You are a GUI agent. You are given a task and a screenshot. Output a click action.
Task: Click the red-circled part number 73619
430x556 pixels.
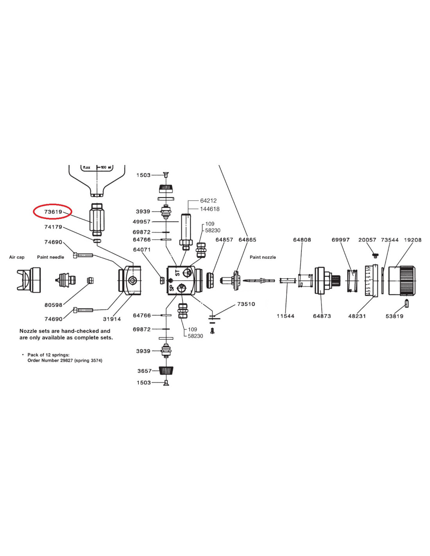coord(53,212)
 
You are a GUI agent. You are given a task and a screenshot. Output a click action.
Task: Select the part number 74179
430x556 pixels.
coord(53,227)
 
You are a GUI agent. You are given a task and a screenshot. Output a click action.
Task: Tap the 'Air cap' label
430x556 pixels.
coord(17,257)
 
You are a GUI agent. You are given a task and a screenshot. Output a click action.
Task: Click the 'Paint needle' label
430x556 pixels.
coord(50,257)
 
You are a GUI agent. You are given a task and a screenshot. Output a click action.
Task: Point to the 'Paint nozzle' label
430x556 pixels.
coord(263,257)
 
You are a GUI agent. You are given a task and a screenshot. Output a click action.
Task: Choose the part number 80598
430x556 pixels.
coord(53,305)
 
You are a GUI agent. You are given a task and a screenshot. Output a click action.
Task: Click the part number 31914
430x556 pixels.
coord(112,319)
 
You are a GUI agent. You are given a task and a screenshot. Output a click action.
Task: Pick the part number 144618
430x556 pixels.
coord(210,209)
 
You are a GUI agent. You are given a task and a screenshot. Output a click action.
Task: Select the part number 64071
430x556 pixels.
coord(142,249)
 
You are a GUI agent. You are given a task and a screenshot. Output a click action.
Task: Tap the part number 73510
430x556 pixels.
coord(246,304)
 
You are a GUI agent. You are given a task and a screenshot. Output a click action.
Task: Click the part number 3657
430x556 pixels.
coord(144,371)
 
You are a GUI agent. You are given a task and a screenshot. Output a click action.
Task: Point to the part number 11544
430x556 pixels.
coord(285,316)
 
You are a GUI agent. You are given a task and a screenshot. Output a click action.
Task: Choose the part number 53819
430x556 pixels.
coord(394,316)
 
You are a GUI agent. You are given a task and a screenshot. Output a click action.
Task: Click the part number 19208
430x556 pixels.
coord(413,240)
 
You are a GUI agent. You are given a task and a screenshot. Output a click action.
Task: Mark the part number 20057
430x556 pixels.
coord(367,240)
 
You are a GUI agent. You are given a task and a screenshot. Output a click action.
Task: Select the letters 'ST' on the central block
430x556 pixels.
coord(177,272)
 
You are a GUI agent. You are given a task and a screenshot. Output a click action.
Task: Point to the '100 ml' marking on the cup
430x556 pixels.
coord(106,167)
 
